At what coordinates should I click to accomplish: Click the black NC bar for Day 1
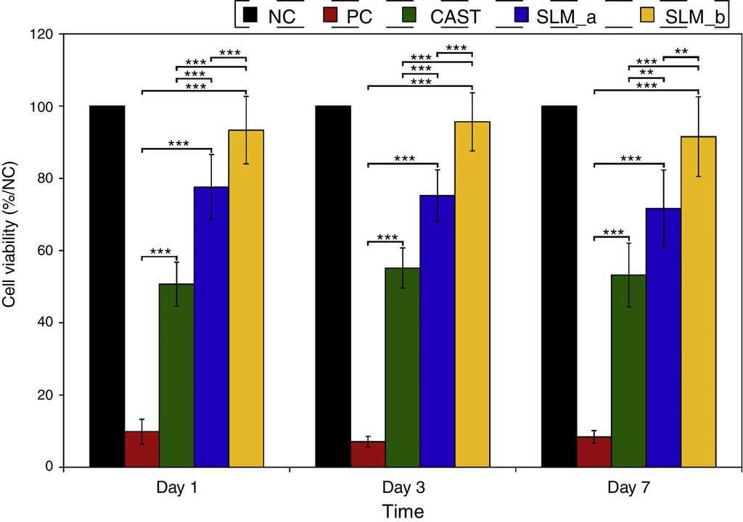107,286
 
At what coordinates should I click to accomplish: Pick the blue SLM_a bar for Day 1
211,326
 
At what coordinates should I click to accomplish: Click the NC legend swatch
252,15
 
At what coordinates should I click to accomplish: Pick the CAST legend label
455,16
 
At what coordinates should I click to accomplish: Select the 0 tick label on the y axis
49,467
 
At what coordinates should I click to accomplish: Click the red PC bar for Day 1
141,449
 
